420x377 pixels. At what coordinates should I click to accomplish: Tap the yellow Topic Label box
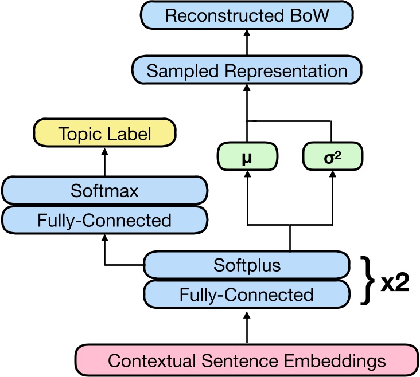tap(104, 133)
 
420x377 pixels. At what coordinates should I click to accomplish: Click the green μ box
tap(247, 157)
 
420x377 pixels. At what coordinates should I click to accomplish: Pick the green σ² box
tap(332, 157)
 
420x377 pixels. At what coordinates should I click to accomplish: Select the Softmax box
tap(104, 190)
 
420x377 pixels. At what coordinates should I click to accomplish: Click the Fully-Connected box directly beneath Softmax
tap(104, 220)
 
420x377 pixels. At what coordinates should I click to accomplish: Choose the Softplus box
tap(247, 265)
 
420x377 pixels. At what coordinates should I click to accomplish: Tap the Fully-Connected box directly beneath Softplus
tap(247, 294)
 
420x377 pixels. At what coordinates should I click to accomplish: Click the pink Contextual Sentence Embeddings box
tap(247, 360)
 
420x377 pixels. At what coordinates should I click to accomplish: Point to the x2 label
tap(395, 282)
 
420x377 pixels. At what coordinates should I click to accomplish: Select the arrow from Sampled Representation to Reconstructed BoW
tap(247, 43)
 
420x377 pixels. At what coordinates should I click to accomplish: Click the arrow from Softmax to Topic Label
tap(104, 162)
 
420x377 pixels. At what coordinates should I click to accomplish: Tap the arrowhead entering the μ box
tap(247, 175)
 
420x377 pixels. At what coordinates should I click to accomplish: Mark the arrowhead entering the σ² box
tap(332, 175)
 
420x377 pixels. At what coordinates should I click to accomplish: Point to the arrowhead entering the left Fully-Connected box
tap(104, 238)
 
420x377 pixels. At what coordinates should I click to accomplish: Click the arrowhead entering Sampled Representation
tap(247, 88)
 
